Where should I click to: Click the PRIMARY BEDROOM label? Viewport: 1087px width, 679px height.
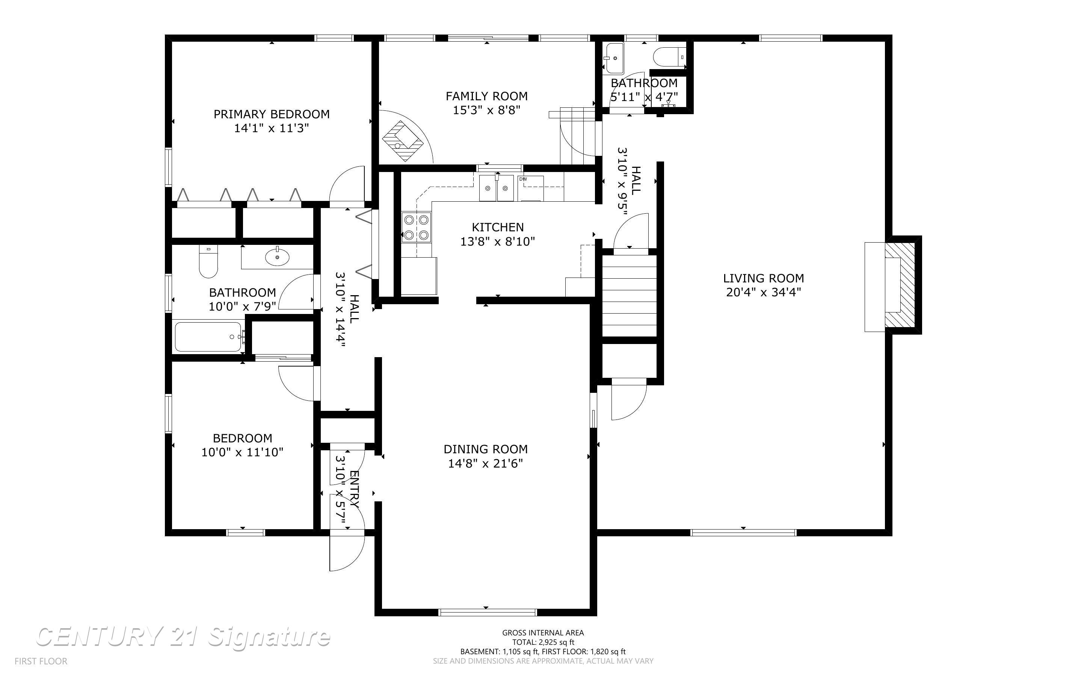coord(271,114)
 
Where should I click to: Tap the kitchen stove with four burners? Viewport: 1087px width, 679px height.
coord(416,227)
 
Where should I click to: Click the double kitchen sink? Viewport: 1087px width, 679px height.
coord(496,189)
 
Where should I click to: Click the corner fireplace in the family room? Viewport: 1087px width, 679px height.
coord(403,141)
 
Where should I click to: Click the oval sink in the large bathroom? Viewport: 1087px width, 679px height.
coord(277,257)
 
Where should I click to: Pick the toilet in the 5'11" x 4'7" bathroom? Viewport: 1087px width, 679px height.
coord(669,57)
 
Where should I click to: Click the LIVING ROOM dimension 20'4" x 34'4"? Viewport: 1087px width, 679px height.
coord(763,292)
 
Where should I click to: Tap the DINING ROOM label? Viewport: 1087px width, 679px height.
coord(485,449)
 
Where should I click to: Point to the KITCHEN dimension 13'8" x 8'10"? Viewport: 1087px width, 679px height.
coord(497,241)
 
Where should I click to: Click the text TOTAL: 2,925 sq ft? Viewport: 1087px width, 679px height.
coord(543,642)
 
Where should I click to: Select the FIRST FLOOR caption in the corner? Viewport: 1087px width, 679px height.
coord(41,661)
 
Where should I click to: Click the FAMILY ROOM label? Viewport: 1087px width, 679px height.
coord(486,96)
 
